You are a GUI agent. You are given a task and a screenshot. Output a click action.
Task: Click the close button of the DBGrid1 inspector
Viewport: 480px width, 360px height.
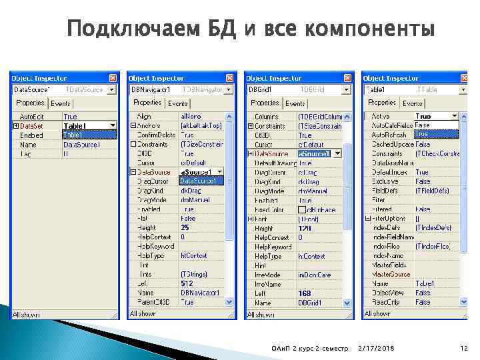347,77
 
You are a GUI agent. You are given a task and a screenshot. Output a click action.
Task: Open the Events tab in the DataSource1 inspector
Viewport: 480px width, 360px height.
61,103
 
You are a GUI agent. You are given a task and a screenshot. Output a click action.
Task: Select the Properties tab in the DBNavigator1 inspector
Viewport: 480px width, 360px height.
147,103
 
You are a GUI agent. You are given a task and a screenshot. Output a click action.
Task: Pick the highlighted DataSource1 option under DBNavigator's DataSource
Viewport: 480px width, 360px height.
199,181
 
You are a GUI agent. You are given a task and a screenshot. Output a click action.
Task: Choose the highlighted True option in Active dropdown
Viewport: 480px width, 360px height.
423,133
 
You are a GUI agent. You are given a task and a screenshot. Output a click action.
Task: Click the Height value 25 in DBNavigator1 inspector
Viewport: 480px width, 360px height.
185,227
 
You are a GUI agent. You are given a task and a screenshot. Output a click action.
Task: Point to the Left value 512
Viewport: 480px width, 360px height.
187,283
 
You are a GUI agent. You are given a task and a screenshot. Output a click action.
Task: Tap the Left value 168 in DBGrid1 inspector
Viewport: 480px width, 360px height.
304,293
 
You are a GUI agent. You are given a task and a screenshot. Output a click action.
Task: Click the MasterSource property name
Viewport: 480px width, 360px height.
391,274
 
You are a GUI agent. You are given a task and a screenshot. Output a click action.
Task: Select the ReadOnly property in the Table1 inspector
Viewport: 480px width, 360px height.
386,302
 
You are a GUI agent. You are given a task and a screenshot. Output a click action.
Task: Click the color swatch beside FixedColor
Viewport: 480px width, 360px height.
302,209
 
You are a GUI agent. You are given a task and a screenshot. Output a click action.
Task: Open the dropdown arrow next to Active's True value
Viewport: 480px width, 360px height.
455,116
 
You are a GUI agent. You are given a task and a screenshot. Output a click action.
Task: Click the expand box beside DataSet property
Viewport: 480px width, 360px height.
15,125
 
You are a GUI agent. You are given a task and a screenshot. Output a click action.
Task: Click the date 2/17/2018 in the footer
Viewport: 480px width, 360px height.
375,349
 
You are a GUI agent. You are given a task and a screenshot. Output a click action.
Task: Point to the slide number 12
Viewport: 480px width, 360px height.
464,349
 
